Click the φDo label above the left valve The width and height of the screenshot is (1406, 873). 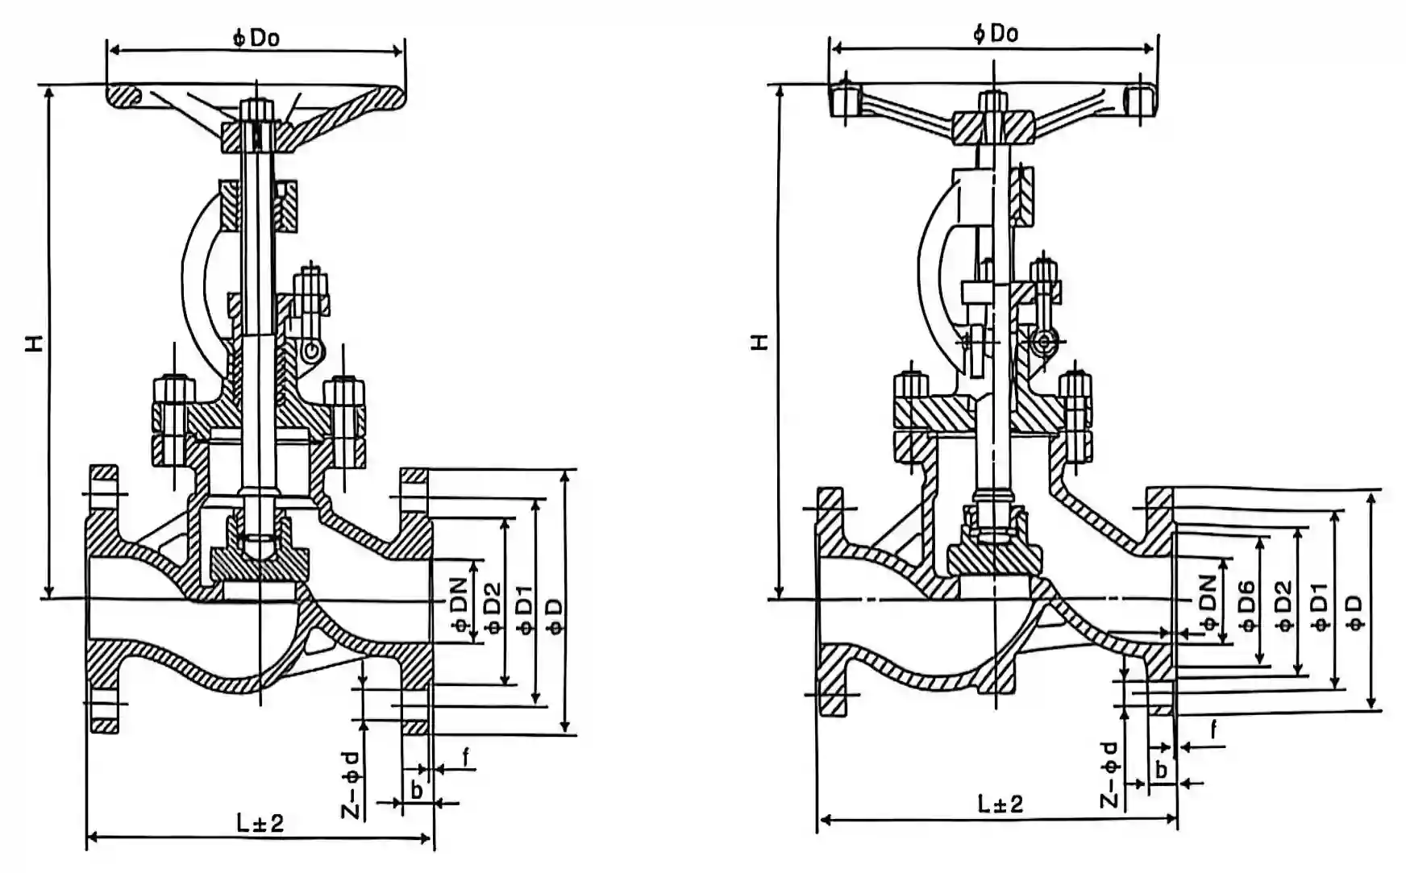coord(256,37)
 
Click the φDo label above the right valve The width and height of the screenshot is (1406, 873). coord(995,33)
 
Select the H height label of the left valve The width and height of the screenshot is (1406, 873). coord(34,343)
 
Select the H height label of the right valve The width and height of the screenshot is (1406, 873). coord(759,342)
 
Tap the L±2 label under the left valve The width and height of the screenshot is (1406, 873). coord(260,823)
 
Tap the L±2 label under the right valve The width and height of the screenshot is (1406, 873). coord(1000,804)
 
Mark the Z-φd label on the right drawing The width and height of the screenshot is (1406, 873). coord(1110,774)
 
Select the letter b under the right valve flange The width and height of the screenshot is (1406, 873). coord(1161,770)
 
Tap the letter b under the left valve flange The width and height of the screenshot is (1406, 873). coord(417,790)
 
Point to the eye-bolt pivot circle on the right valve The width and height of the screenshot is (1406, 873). coord(1045,342)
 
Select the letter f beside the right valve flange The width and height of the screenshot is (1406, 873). coord(1214,730)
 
